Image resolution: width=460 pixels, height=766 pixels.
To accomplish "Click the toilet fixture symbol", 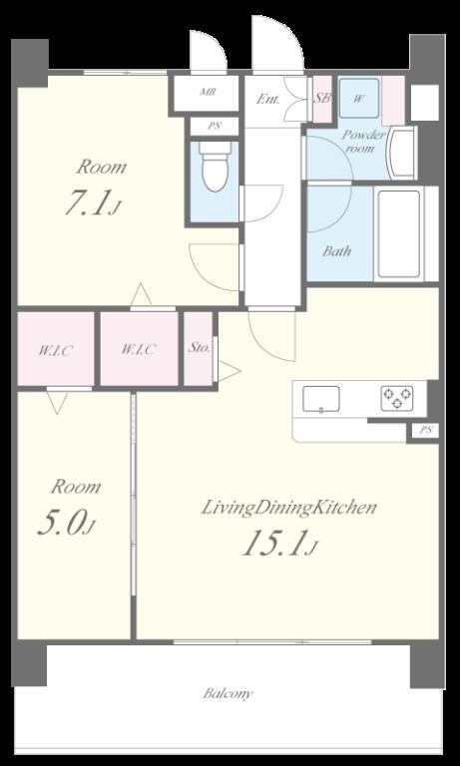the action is (x=216, y=167).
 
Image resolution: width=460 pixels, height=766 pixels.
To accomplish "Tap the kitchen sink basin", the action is (x=320, y=399).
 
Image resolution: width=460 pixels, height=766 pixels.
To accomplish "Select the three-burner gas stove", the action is (x=397, y=398).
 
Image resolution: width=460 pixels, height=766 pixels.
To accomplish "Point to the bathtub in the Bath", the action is (x=399, y=233).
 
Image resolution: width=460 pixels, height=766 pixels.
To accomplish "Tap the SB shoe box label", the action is (x=322, y=98).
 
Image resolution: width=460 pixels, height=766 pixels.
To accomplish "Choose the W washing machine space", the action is (x=359, y=98).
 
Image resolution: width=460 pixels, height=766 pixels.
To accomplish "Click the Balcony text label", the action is (x=228, y=693).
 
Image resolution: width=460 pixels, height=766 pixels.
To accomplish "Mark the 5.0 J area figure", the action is (x=66, y=524).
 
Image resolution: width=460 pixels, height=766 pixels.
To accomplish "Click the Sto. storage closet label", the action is (x=199, y=348).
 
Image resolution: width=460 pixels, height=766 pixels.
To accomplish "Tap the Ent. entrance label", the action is (x=268, y=100).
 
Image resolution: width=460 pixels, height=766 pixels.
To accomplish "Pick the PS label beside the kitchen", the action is (x=426, y=431).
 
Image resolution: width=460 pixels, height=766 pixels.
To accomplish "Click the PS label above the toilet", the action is (x=215, y=126).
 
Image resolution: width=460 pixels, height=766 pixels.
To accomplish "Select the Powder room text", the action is (x=363, y=142).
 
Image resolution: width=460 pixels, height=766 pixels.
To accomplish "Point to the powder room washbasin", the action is (x=401, y=152).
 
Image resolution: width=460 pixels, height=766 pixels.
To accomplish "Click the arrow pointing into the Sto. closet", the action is (x=229, y=371).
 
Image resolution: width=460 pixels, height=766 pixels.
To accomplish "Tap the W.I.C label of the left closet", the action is (x=56, y=350).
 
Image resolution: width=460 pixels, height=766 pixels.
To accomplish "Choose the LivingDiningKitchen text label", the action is (x=289, y=508).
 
